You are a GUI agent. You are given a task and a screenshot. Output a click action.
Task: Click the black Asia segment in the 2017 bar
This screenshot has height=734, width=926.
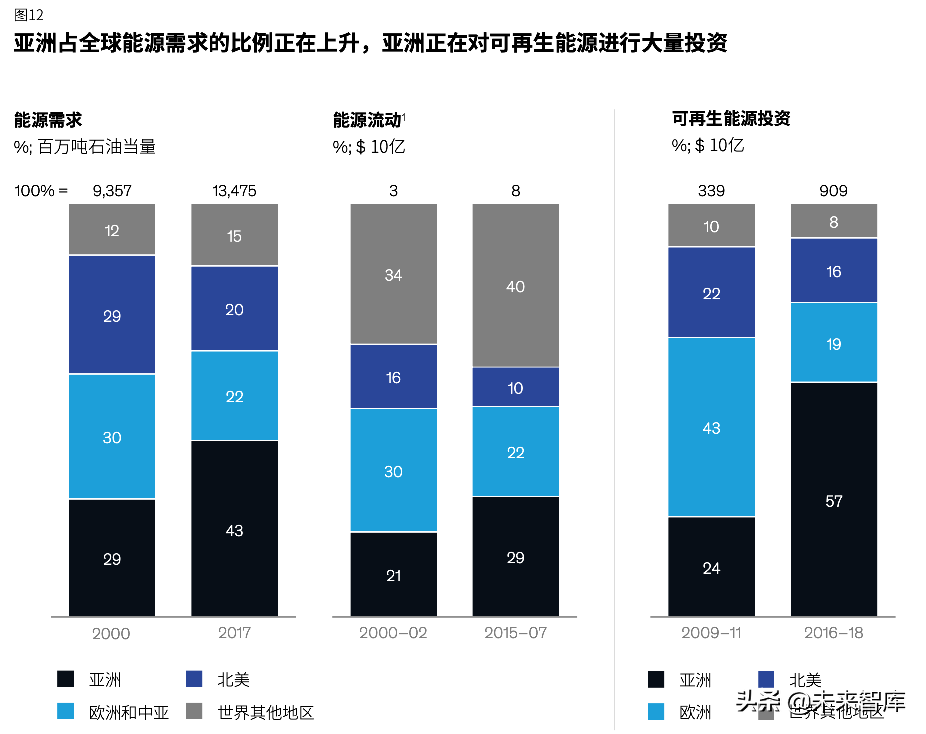tap(234, 529)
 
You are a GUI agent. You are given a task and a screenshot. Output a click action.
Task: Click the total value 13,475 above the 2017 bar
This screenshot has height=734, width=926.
tap(234, 191)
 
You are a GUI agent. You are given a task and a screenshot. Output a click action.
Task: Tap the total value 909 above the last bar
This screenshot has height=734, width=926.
tap(833, 191)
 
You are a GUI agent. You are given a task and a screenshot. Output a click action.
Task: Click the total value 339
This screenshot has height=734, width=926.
tap(711, 191)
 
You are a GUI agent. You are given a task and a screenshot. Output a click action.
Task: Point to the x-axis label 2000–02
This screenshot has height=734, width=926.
tap(393, 633)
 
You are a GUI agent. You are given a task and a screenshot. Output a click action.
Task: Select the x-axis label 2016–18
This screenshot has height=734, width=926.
tap(833, 633)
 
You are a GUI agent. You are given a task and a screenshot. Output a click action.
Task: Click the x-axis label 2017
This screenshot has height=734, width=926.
tap(234, 633)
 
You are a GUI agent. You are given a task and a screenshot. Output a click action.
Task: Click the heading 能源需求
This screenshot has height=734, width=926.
tap(48, 120)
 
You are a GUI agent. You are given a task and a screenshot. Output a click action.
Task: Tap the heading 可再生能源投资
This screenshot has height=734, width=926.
tap(731, 119)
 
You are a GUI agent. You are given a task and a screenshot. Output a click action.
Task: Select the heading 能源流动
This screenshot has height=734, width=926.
tap(367, 120)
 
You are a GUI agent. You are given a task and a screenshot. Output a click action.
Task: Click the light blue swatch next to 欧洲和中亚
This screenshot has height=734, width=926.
tap(66, 711)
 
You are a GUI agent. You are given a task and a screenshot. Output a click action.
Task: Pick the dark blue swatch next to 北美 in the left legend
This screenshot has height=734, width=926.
tap(194, 679)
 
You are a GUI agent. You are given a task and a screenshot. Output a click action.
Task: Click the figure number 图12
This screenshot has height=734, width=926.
tap(29, 15)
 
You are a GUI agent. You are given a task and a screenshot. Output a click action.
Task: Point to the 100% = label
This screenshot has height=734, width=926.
tap(41, 191)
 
